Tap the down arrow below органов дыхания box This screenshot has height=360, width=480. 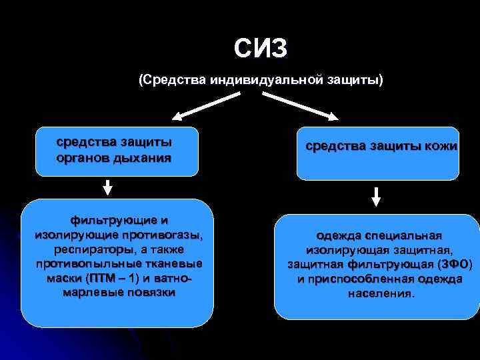click(x=108, y=187)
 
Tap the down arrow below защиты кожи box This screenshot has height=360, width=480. click(x=376, y=196)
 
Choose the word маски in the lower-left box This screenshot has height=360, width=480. click(x=65, y=278)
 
